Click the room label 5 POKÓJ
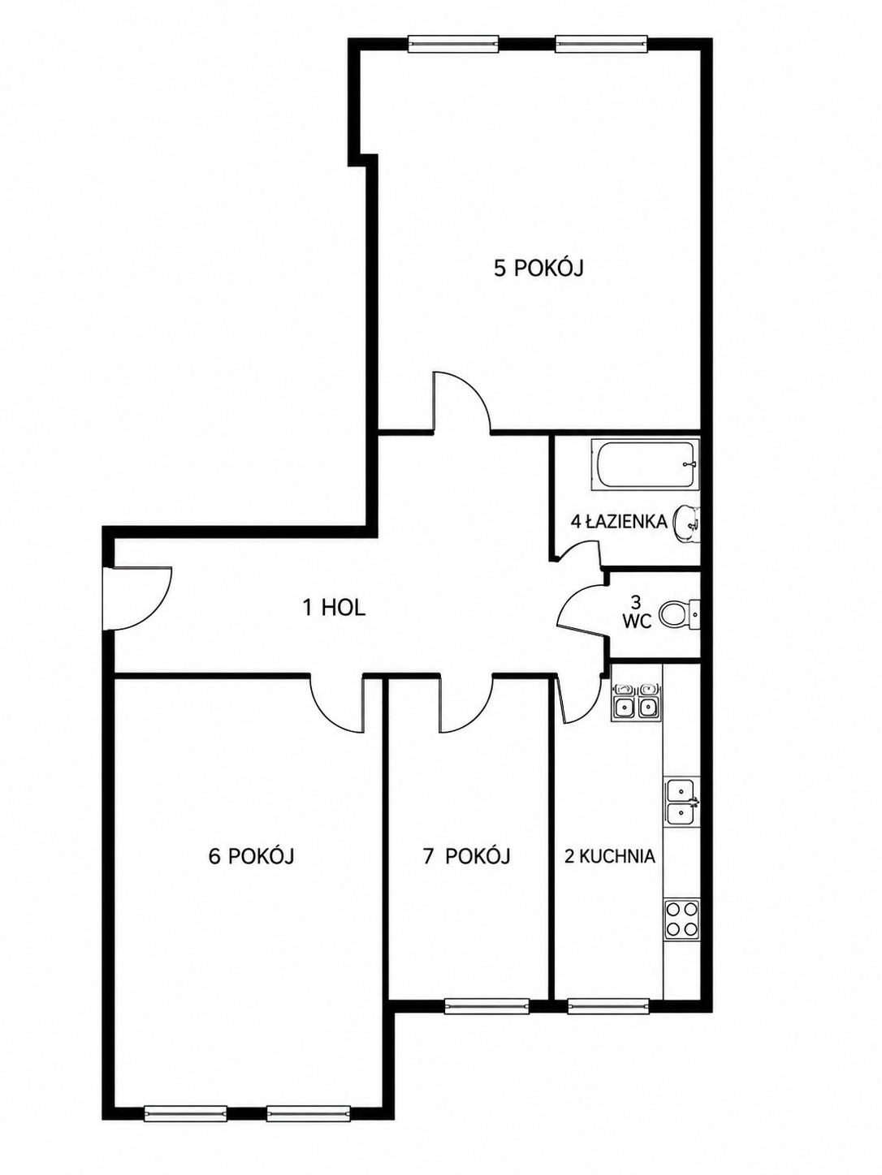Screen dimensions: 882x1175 538,268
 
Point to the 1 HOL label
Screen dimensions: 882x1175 334,608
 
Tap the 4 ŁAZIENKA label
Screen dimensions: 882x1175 619,522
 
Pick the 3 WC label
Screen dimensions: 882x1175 636,612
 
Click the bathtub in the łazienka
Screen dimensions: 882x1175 645,463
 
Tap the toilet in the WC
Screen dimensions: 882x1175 680,614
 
